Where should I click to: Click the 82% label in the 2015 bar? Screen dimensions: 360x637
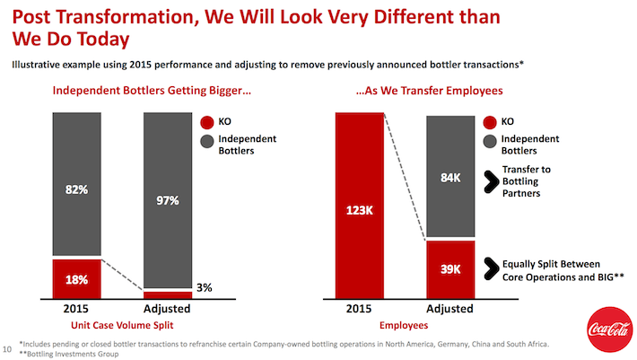[x=77, y=189]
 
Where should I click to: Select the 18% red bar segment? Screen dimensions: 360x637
[x=77, y=278]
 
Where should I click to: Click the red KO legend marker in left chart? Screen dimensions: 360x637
[x=207, y=122]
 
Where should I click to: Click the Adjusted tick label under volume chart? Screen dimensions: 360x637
[x=167, y=310]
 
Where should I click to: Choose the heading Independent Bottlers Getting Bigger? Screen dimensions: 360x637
[x=144, y=91]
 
